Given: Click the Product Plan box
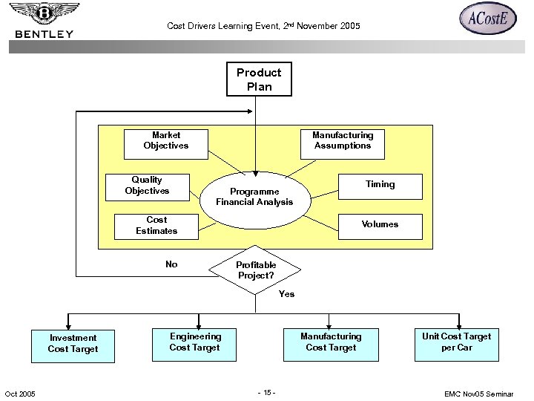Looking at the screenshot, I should coord(259,79).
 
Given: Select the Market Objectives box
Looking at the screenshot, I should coord(166,140).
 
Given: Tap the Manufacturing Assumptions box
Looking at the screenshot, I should coord(343,140).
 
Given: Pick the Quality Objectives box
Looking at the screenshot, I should coord(147,186).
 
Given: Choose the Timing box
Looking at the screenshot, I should coord(380,185).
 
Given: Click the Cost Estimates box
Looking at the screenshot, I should coord(156,226).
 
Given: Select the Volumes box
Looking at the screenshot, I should coord(380,225).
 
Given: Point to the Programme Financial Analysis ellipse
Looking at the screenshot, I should coord(254,197).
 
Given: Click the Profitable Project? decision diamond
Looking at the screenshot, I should coord(256,270).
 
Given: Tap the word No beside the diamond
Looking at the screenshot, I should coord(171,264).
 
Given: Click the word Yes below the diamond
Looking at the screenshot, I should coord(286,294).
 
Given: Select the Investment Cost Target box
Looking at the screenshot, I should coord(73,344).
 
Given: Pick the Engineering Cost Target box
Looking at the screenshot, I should coord(195,342).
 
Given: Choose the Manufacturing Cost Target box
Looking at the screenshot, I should coord(331,342).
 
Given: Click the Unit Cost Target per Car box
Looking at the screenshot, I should coord(456,342).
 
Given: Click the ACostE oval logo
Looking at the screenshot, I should coord(487,19).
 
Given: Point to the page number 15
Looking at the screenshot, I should coord(266,393).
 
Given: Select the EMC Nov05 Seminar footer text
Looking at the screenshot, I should coord(478,394).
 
